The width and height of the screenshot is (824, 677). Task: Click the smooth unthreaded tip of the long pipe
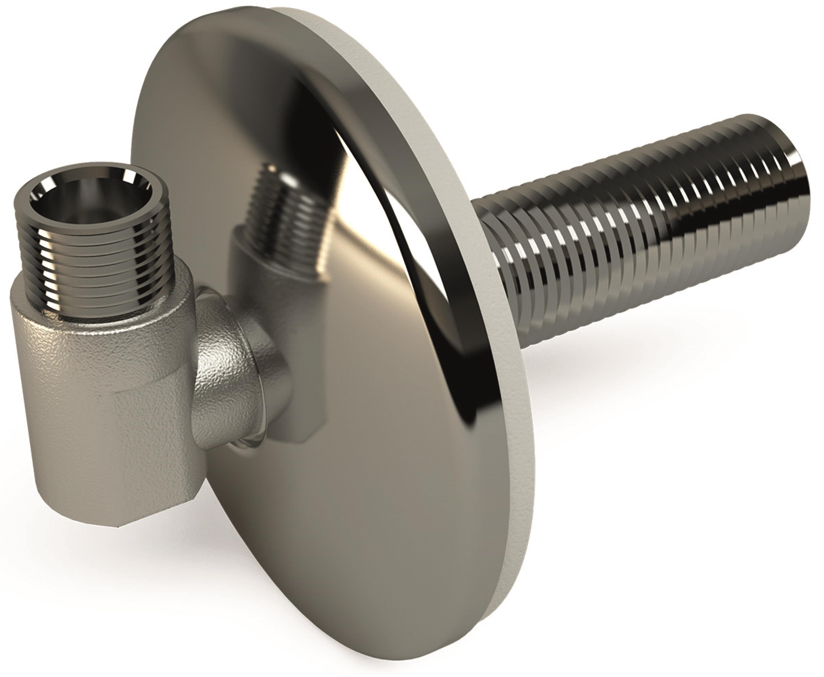[791, 172]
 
